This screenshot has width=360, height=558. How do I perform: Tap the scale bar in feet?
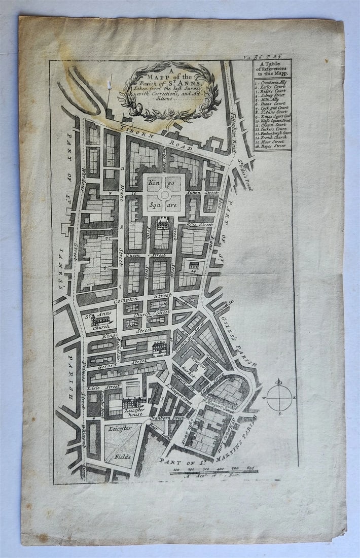pyautogui.click(x=213, y=472)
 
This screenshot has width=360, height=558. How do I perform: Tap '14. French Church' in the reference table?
pyautogui.click(x=271, y=137)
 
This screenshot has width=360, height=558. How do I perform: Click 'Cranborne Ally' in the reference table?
pyautogui.click(x=272, y=81)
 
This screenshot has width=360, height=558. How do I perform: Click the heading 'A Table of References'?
pyautogui.click(x=272, y=68)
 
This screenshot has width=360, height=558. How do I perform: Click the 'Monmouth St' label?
pyautogui.click(x=223, y=304)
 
